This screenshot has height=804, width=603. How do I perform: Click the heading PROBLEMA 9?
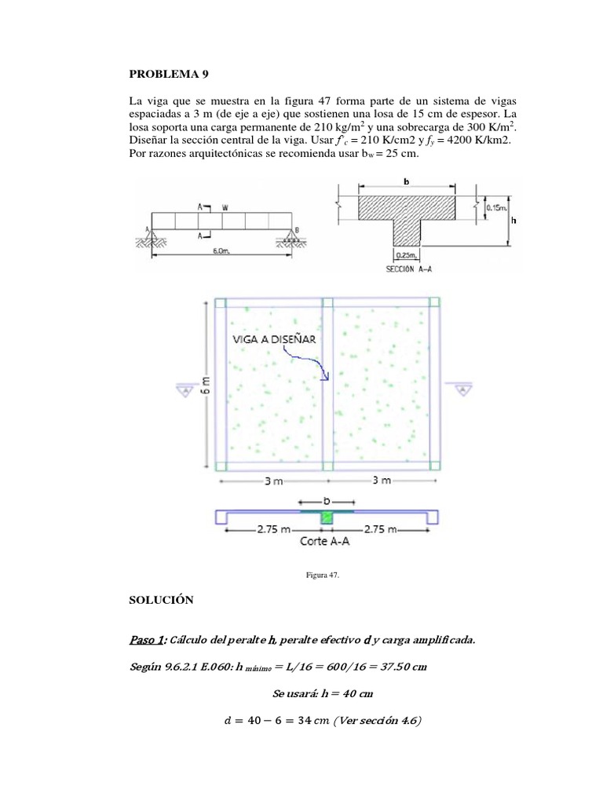[169, 75]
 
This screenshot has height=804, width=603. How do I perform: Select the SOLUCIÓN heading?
[160, 599]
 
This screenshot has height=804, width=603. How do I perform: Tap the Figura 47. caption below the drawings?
[322, 576]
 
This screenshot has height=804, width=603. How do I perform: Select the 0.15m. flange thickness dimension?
[496, 207]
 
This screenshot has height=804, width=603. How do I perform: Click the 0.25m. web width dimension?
[406, 254]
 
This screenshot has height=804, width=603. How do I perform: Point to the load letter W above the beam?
[225, 208]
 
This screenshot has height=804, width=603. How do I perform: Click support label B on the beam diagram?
[297, 229]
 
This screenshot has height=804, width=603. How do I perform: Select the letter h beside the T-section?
[514, 221]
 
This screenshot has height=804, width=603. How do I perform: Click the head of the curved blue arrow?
[326, 378]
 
